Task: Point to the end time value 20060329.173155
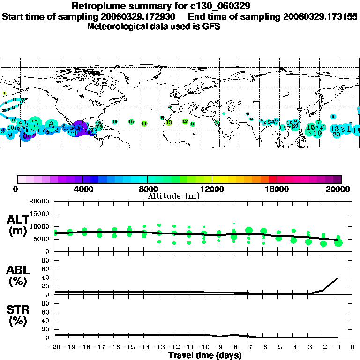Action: pyautogui.click(x=320, y=16)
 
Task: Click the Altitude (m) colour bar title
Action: pyautogui.click(x=173, y=196)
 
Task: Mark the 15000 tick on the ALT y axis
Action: pyautogui.click(x=39, y=214)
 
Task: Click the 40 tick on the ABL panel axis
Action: pyautogui.click(x=46, y=277)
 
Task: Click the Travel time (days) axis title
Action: pyautogui.click(x=205, y=355)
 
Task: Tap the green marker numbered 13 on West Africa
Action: pyautogui.click(x=169, y=122)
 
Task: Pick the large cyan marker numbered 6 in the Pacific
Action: pyautogui.click(x=51, y=124)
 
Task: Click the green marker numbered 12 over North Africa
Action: pyautogui.click(x=185, y=121)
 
